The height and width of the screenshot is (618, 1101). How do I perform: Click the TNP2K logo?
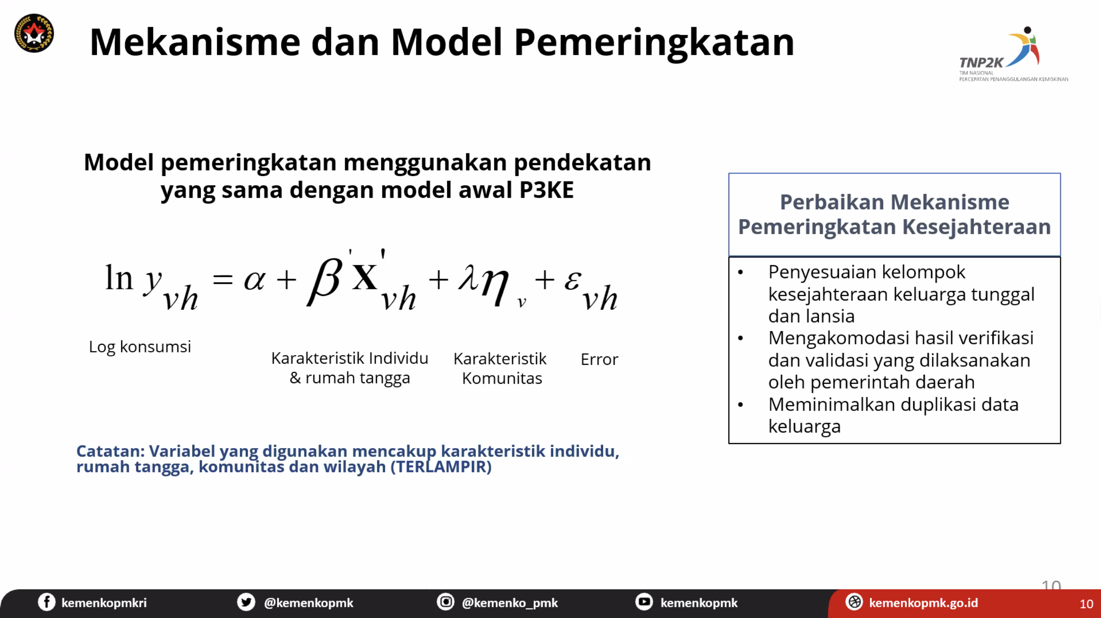pos(1013,54)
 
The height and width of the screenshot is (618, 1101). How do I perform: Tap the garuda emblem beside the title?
pos(34,33)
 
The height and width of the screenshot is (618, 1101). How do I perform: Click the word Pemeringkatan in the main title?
pos(654,43)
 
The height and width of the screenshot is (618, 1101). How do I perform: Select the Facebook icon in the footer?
pos(47,602)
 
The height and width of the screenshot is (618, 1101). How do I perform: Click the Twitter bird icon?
pos(246,602)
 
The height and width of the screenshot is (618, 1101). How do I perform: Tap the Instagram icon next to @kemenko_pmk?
pos(445,602)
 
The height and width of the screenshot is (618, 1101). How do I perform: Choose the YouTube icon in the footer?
pos(644,602)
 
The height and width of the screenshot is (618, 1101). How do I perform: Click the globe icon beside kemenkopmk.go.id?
pos(854,602)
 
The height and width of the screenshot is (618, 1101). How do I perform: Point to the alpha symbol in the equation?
pos(254,280)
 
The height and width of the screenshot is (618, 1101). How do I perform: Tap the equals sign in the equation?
pos(223,280)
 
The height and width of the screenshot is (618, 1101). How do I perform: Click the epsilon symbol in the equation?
pos(573,280)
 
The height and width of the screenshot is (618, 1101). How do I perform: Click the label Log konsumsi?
pos(140,347)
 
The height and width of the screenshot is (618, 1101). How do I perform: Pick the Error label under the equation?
pos(599,360)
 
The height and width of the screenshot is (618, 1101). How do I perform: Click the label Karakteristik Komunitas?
pos(501,368)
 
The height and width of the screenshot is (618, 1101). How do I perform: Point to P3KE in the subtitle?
pos(546,190)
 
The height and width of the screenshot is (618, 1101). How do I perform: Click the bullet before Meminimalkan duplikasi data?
pos(741,405)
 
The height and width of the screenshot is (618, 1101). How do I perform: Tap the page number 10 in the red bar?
pos(1086,604)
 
